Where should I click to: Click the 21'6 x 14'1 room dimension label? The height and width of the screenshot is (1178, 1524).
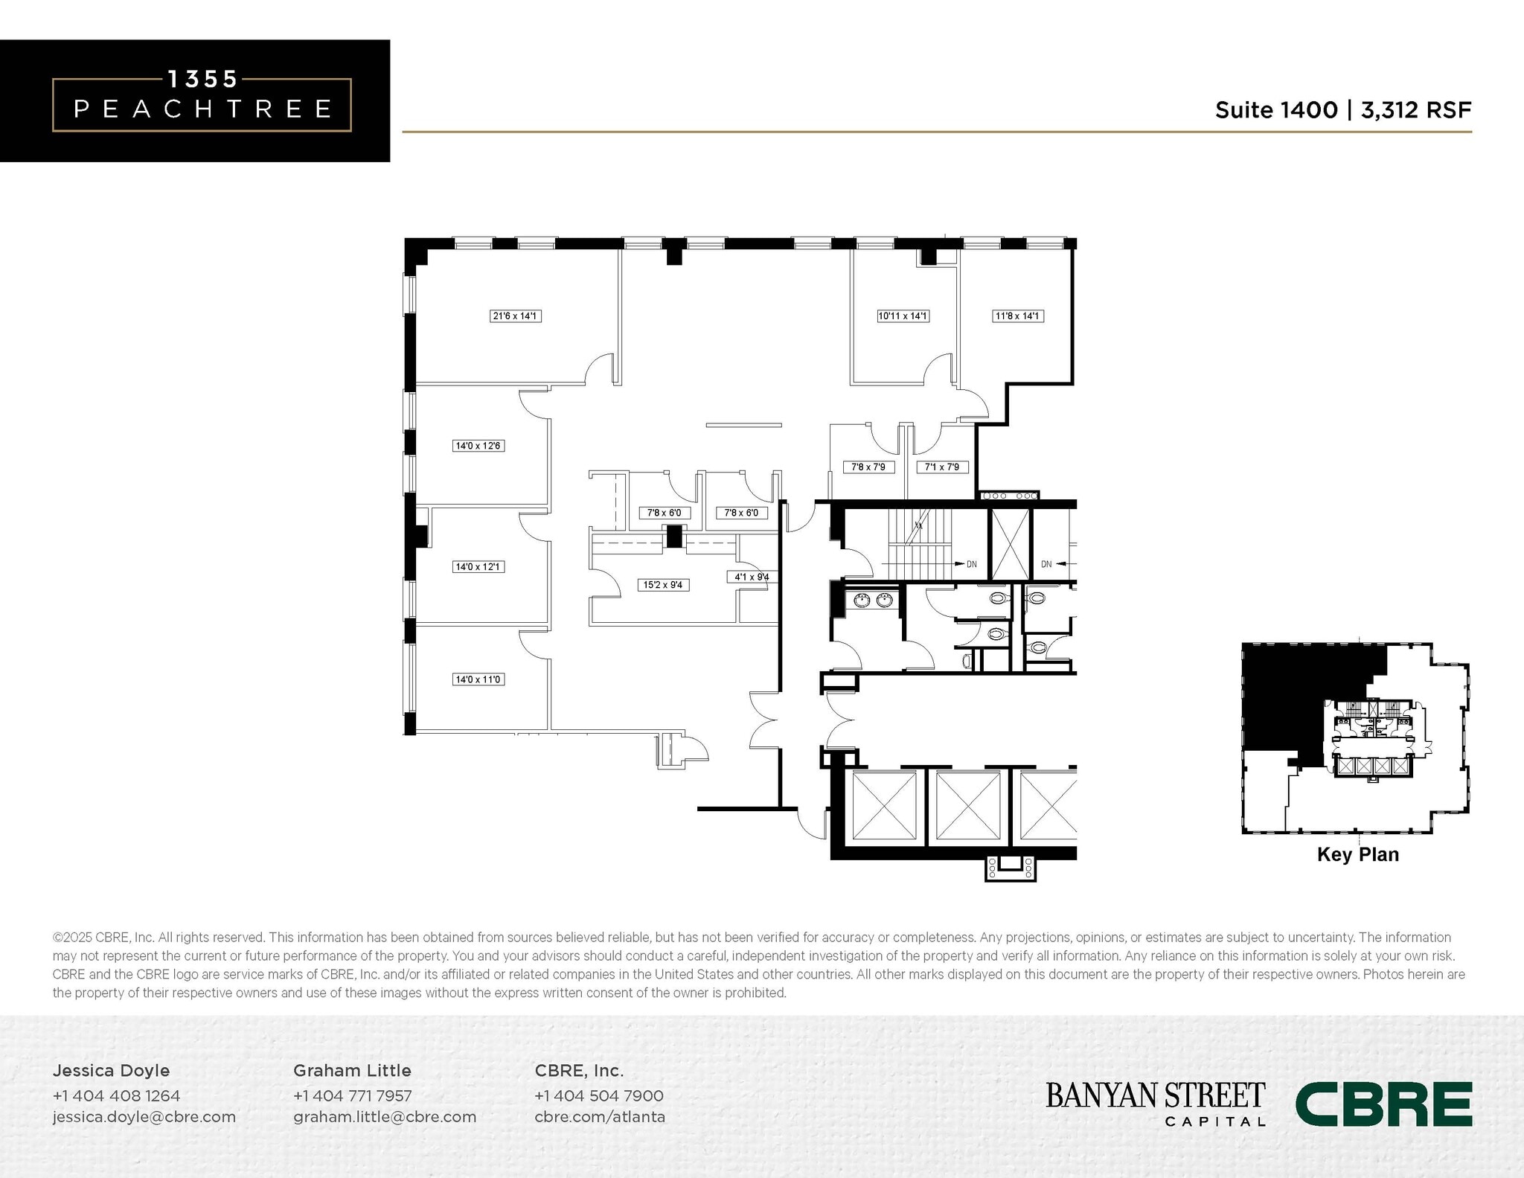[x=515, y=316]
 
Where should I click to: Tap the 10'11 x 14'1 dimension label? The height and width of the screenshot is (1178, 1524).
[x=903, y=316]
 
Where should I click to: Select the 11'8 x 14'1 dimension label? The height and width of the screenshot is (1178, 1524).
[x=1017, y=316]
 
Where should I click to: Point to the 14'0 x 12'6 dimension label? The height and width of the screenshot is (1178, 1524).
[x=478, y=446]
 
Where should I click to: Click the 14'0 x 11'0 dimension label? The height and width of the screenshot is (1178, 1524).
[x=478, y=679]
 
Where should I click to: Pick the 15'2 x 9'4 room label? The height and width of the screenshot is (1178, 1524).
[x=663, y=585]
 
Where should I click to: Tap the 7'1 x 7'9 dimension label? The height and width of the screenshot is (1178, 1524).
[x=942, y=467]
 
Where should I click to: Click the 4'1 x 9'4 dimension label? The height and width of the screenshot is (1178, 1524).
[x=752, y=577]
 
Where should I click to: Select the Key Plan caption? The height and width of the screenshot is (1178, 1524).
[x=1357, y=854]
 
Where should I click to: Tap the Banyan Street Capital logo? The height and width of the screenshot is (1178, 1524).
[x=1155, y=1103]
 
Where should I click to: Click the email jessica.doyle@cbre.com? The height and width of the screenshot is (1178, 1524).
[x=144, y=1117]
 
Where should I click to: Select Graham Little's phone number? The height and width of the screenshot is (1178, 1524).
[x=352, y=1095]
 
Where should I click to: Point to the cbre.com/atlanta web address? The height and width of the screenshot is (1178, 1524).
[x=600, y=1117]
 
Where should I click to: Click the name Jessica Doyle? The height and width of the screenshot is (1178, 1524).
[x=111, y=1070]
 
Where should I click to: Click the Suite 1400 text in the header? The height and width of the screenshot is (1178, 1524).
[x=1276, y=110]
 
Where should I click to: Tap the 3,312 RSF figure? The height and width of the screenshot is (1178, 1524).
[x=1416, y=110]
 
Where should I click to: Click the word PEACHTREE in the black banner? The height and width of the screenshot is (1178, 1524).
[x=202, y=109]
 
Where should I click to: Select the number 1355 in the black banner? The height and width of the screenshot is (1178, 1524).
[x=202, y=78]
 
